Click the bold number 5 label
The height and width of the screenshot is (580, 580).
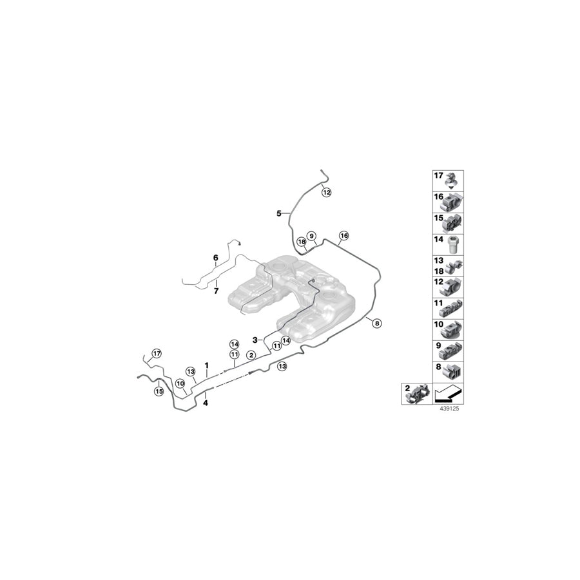[x=279, y=213]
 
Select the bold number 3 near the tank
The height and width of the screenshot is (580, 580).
[x=255, y=339]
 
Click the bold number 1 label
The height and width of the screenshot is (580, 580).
[x=206, y=365]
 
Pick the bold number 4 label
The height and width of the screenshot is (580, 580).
[x=206, y=403]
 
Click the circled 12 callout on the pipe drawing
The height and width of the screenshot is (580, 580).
[x=326, y=191]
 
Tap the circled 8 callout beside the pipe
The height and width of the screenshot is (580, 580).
[x=376, y=324]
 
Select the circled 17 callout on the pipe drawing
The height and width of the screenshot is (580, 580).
[x=155, y=353]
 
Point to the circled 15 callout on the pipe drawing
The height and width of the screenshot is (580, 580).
[x=159, y=391]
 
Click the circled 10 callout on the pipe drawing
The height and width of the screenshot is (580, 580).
[x=180, y=383]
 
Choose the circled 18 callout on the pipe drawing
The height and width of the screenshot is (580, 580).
[x=301, y=242]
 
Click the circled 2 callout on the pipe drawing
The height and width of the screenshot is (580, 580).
[x=251, y=355]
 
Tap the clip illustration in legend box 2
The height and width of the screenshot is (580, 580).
[x=418, y=394]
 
